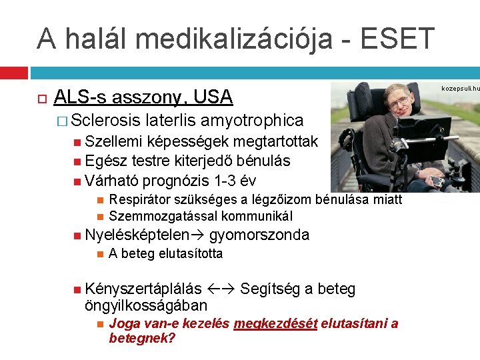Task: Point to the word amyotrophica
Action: (x=252, y=121)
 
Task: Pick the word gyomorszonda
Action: (x=259, y=235)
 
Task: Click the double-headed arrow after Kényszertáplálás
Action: (x=221, y=289)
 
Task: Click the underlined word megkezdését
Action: (x=275, y=324)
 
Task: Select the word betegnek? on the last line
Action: (x=141, y=338)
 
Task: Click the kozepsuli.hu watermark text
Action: (x=461, y=87)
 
